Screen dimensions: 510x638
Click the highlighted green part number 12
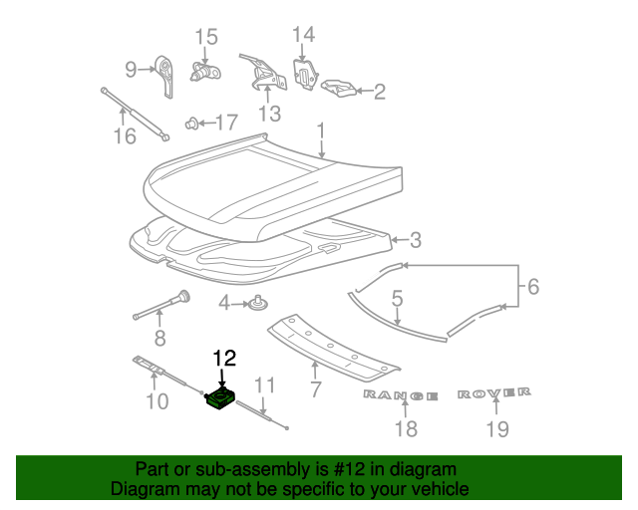[x=219, y=399]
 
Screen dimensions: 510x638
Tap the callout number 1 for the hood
[x=320, y=130]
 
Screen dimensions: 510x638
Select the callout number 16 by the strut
[x=124, y=135]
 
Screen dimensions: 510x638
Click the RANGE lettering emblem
[x=400, y=395]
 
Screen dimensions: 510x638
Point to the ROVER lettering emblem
[x=494, y=394]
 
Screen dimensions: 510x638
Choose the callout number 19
[x=496, y=428]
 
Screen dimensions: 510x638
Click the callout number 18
[x=405, y=428]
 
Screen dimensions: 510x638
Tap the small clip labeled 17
[x=192, y=125]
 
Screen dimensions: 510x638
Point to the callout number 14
[x=303, y=35]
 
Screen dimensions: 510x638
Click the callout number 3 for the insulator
[x=416, y=239]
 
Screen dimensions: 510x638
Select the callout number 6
[x=532, y=287]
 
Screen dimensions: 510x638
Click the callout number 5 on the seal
[x=397, y=298]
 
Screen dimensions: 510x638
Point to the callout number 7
[x=315, y=388]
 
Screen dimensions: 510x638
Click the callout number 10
[x=158, y=401]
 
